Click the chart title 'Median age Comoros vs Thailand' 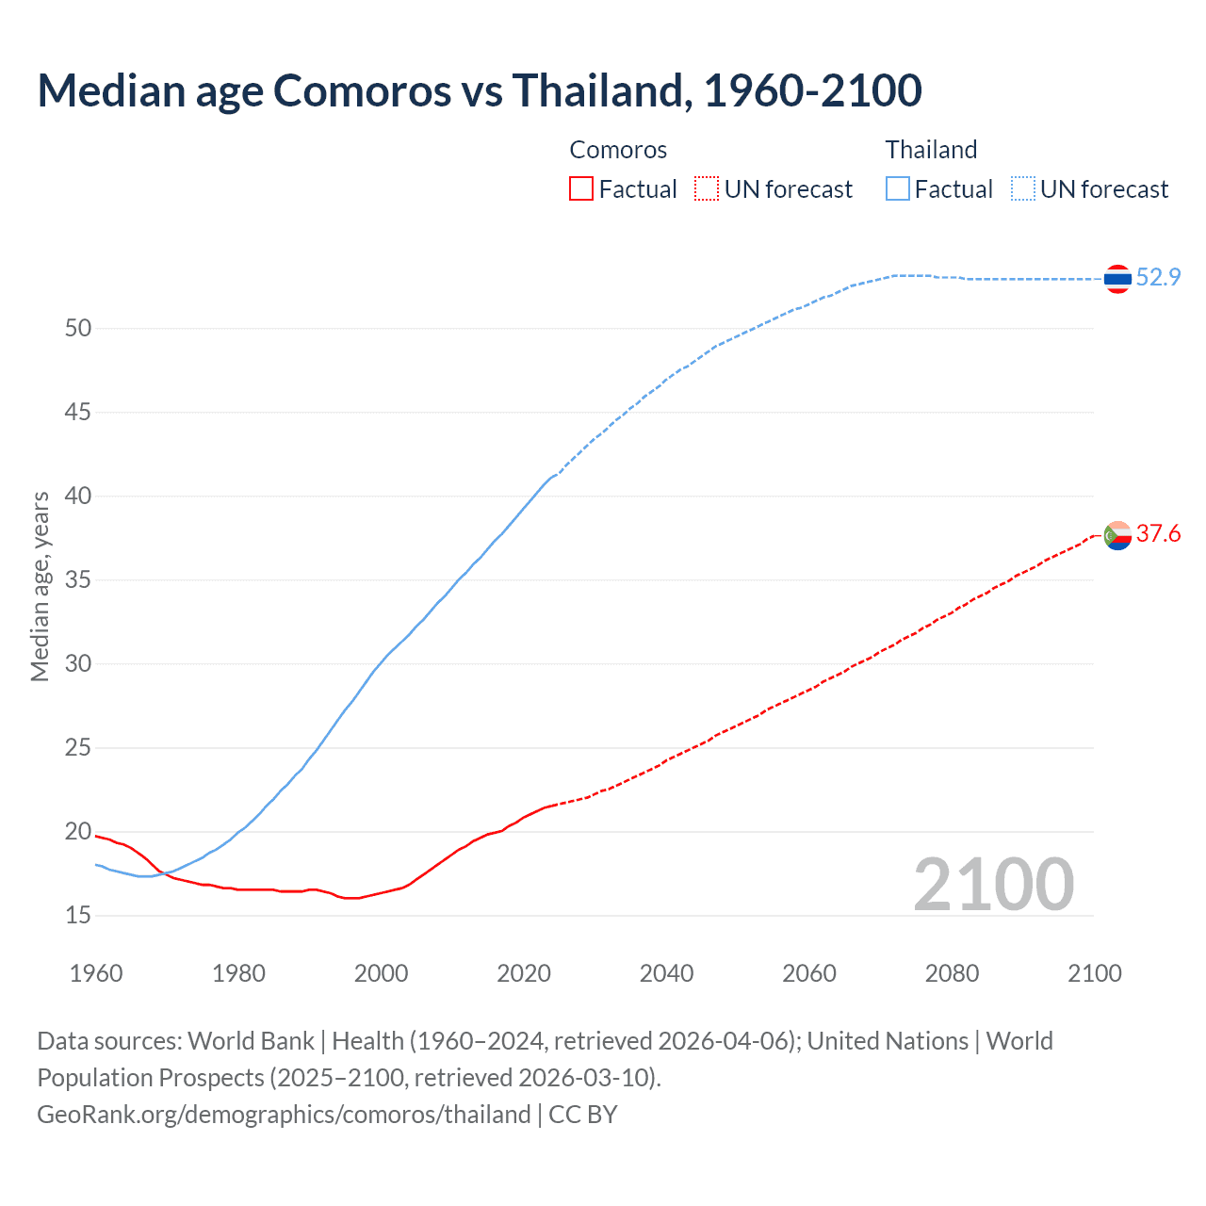[x=479, y=90]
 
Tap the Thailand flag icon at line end [x=1117, y=279]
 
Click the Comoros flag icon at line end [x=1117, y=535]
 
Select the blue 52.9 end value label [x=1158, y=277]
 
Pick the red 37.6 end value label [x=1158, y=534]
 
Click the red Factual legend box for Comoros [x=581, y=189]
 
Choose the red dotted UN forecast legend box [x=707, y=189]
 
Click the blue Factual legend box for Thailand [x=898, y=189]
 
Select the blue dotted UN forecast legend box [x=1023, y=189]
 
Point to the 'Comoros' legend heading [x=618, y=150]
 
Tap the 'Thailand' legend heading [x=931, y=150]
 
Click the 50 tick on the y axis [x=78, y=329]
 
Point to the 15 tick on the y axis [x=78, y=916]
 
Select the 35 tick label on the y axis [x=78, y=580]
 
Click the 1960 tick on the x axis [x=96, y=973]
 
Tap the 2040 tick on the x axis [x=666, y=973]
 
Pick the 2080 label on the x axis [x=952, y=973]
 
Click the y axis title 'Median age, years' [x=40, y=586]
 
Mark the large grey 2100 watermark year [x=993, y=885]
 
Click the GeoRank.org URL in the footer [x=284, y=1115]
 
